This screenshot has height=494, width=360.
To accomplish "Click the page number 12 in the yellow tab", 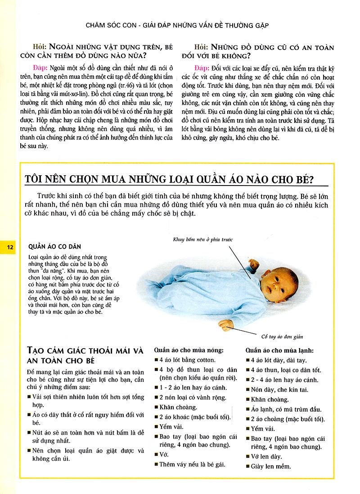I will click(x=9, y=247).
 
